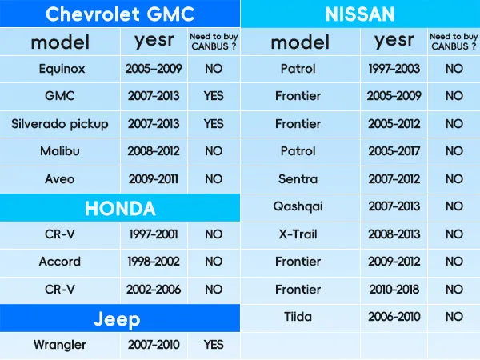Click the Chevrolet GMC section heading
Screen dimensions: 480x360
click(x=120, y=14)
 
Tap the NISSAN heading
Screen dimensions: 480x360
click(x=360, y=14)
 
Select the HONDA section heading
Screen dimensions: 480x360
click(x=120, y=209)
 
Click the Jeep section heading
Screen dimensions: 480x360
click(x=117, y=320)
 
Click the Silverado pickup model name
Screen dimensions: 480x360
click(x=60, y=124)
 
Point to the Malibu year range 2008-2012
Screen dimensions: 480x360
click(x=154, y=151)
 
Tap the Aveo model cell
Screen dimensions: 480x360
click(x=60, y=178)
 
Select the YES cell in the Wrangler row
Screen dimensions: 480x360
click(x=214, y=345)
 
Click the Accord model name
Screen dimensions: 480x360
click(x=60, y=262)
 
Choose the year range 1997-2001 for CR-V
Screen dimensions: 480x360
click(x=154, y=234)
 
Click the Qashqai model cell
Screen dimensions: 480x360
click(x=298, y=206)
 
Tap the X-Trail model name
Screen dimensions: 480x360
click(x=298, y=234)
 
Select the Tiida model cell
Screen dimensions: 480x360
click(x=298, y=317)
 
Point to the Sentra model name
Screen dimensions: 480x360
click(x=298, y=178)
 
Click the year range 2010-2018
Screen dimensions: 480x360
click(x=394, y=290)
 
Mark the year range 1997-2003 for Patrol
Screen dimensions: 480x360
click(x=394, y=69)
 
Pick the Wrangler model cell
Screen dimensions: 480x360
click(x=60, y=345)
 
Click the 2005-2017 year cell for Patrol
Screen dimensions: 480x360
click(x=394, y=151)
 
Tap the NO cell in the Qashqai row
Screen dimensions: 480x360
click(x=454, y=206)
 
